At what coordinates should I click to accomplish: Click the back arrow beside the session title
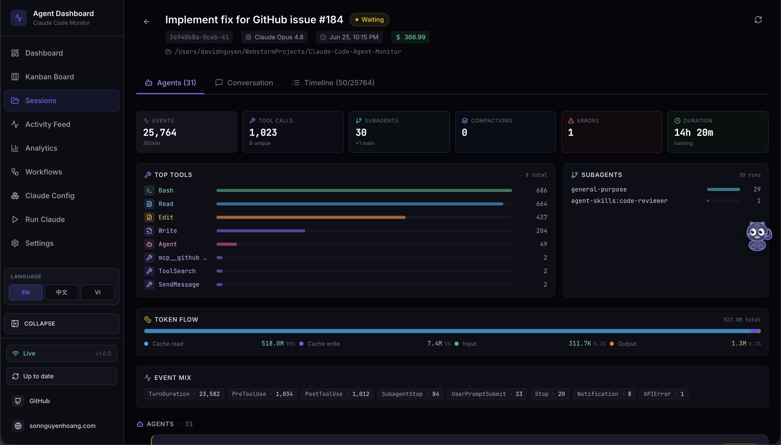(147, 22)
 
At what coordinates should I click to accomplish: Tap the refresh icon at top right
(758, 20)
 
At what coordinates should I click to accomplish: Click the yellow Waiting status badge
(369, 20)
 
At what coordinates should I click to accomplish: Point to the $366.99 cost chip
(410, 37)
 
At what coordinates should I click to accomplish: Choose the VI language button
(98, 293)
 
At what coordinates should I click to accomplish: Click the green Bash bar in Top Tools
(364, 190)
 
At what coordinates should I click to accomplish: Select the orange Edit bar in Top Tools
(311, 217)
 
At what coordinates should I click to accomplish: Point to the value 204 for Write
(542, 231)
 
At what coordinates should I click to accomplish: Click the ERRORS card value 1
(571, 133)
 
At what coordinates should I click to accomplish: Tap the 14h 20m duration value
(693, 133)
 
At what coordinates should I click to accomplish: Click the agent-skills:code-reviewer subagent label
(619, 201)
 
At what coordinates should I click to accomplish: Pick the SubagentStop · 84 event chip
(410, 394)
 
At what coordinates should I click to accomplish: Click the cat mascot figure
(758, 236)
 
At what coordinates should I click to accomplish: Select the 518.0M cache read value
(272, 343)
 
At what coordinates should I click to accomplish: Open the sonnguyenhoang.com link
(62, 426)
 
